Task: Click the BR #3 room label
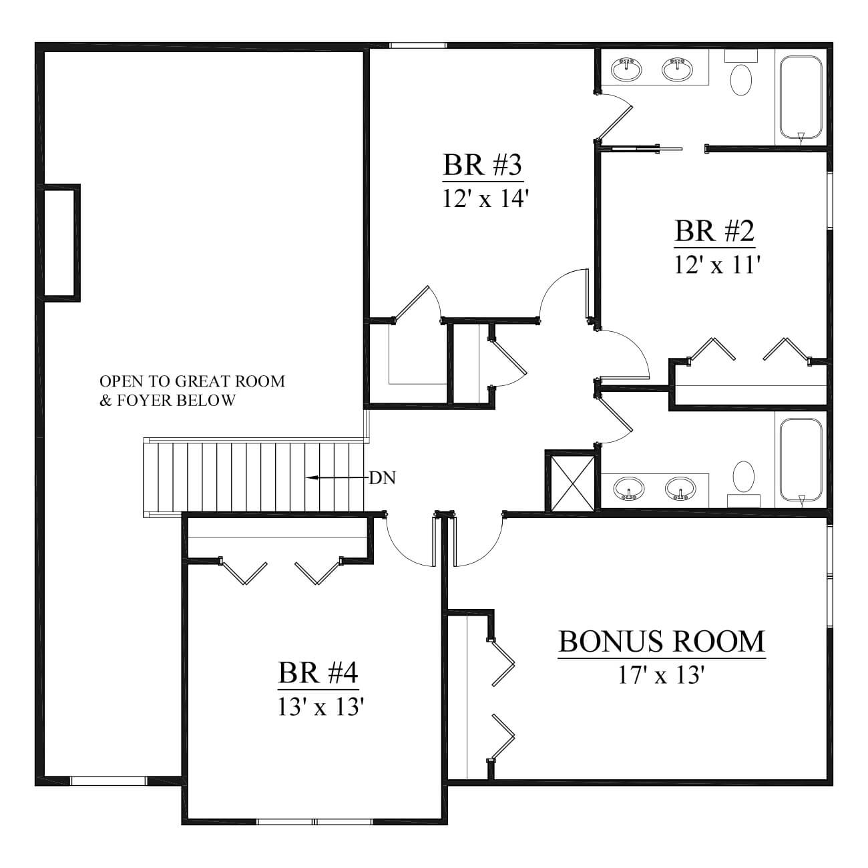tap(483, 166)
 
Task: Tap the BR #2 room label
tap(714, 231)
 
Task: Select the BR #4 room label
tap(318, 673)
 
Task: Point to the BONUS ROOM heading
tap(662, 642)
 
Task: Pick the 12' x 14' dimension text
tap(484, 198)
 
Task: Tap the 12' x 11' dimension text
tap(717, 264)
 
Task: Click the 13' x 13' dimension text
tap(320, 707)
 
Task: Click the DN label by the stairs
tap(383, 478)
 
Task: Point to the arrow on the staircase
tap(337, 477)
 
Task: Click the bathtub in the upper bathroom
tap(801, 97)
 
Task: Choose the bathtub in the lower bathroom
tap(801, 460)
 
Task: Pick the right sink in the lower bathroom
tap(680, 488)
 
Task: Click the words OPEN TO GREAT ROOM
tap(192, 381)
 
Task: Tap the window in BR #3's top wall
tap(417, 45)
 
